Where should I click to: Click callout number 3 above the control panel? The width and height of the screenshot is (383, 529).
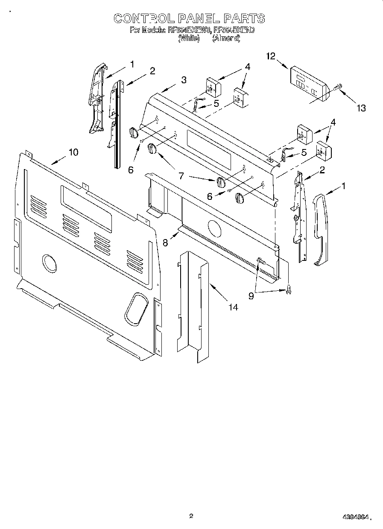coord(183,79)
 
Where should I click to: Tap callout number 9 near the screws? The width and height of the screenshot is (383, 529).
coord(251,295)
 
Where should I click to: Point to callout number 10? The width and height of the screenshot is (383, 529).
coord(73,152)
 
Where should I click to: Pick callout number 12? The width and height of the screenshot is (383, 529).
coord(271,56)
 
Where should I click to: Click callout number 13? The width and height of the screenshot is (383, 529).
coord(361,108)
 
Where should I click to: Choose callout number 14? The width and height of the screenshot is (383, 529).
coord(233,307)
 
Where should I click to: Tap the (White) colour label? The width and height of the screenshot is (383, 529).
coord(188,38)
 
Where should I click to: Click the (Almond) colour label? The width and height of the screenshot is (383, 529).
coord(226,38)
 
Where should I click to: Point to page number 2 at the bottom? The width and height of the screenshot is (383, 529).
coord(191,516)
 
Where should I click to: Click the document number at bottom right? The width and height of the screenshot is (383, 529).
coord(354,517)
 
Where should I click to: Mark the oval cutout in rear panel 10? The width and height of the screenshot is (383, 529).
coord(136,307)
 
